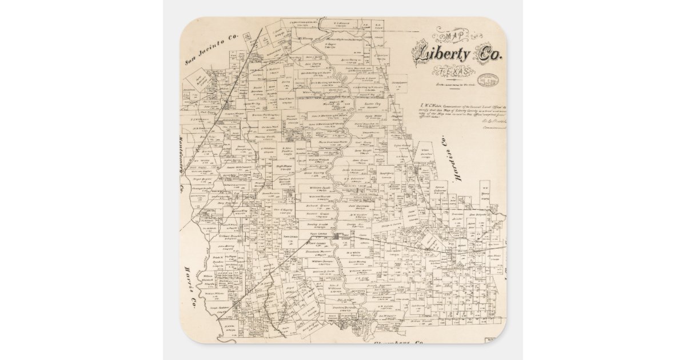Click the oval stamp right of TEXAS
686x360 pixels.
point(488,79)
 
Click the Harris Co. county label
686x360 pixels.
point(191,286)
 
